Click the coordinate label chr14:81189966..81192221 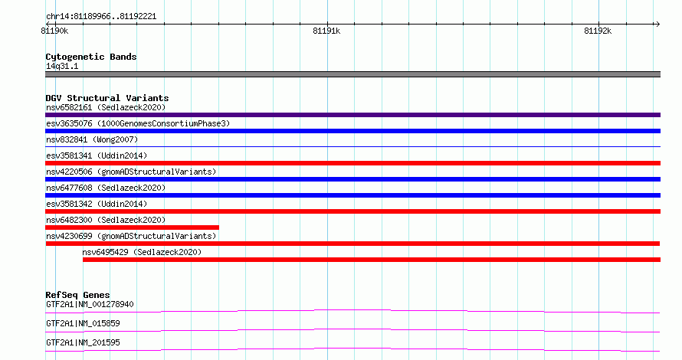(x=101, y=17)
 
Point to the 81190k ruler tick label (x=55, y=31)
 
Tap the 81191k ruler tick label (x=326, y=31)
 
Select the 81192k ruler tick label (x=598, y=31)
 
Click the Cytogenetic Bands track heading (x=91, y=57)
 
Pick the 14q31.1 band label (x=62, y=66)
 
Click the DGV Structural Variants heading (x=107, y=98)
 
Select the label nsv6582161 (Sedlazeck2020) (x=106, y=107)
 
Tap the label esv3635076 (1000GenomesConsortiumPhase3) (x=138, y=123)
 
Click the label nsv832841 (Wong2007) (x=92, y=139)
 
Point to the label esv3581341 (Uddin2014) (x=97, y=155)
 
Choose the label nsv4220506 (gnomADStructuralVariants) (x=131, y=172)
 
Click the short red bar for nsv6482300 (x=133, y=227)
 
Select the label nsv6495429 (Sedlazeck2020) (x=142, y=252)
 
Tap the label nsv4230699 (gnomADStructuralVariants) (x=131, y=236)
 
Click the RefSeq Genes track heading (x=77, y=295)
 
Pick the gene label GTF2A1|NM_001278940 (x=90, y=304)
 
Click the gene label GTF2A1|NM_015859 (x=83, y=323)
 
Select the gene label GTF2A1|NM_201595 (x=83, y=342)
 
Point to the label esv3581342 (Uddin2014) (x=97, y=204)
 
